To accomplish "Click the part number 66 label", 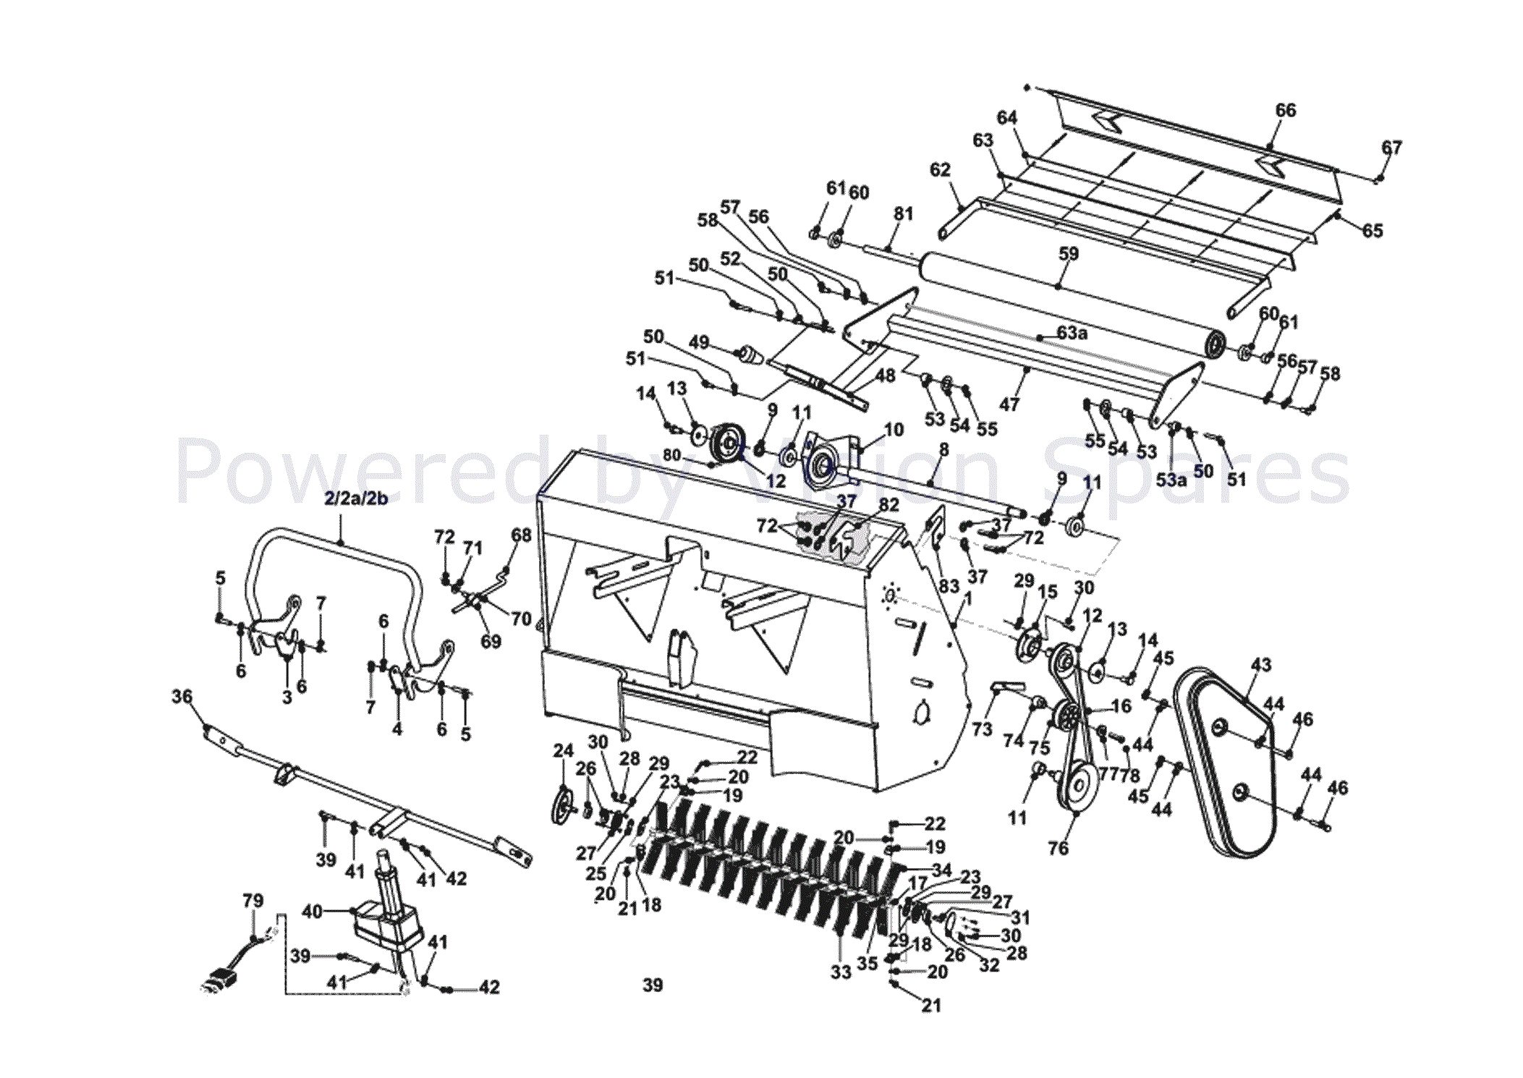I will (x=1285, y=110).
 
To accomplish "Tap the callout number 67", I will (x=1391, y=148).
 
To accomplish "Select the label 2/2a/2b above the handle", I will (x=356, y=499).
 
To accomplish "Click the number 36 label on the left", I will (x=182, y=696).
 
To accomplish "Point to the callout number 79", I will (x=253, y=901).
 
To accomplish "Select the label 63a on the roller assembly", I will (x=1072, y=333).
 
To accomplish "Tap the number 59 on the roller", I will (x=1068, y=254).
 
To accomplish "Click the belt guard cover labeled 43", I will (x=1223, y=767).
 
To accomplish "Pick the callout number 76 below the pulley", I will (x=1058, y=848).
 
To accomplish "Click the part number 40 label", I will (x=312, y=912).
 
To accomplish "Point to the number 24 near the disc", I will (x=563, y=751).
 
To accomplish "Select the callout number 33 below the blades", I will (x=841, y=972).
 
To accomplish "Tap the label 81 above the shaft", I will (x=903, y=214).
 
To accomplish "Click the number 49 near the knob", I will (x=698, y=342).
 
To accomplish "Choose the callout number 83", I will (x=949, y=586).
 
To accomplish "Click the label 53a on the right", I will (x=1171, y=480).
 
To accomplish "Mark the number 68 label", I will (x=521, y=535).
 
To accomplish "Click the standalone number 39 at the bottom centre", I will (x=653, y=985).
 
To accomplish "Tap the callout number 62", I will (x=939, y=170).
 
